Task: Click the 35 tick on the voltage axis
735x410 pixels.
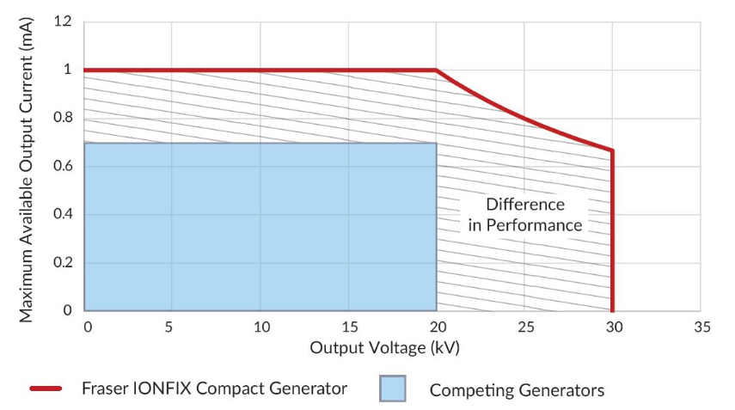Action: (x=702, y=327)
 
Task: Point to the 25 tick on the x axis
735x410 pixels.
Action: (x=526, y=327)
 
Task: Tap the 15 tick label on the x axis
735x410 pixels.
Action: (x=349, y=327)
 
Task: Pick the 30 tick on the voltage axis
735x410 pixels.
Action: (x=614, y=327)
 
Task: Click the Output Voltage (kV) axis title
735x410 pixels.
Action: (x=391, y=348)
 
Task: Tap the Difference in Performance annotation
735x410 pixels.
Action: (x=525, y=215)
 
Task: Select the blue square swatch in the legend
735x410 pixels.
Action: (x=393, y=389)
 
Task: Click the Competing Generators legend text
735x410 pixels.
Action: (x=517, y=390)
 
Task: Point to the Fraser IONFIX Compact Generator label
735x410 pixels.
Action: (x=214, y=389)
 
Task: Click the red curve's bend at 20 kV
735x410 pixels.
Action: (x=437, y=70)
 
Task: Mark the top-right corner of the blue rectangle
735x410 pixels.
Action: (x=437, y=143)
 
